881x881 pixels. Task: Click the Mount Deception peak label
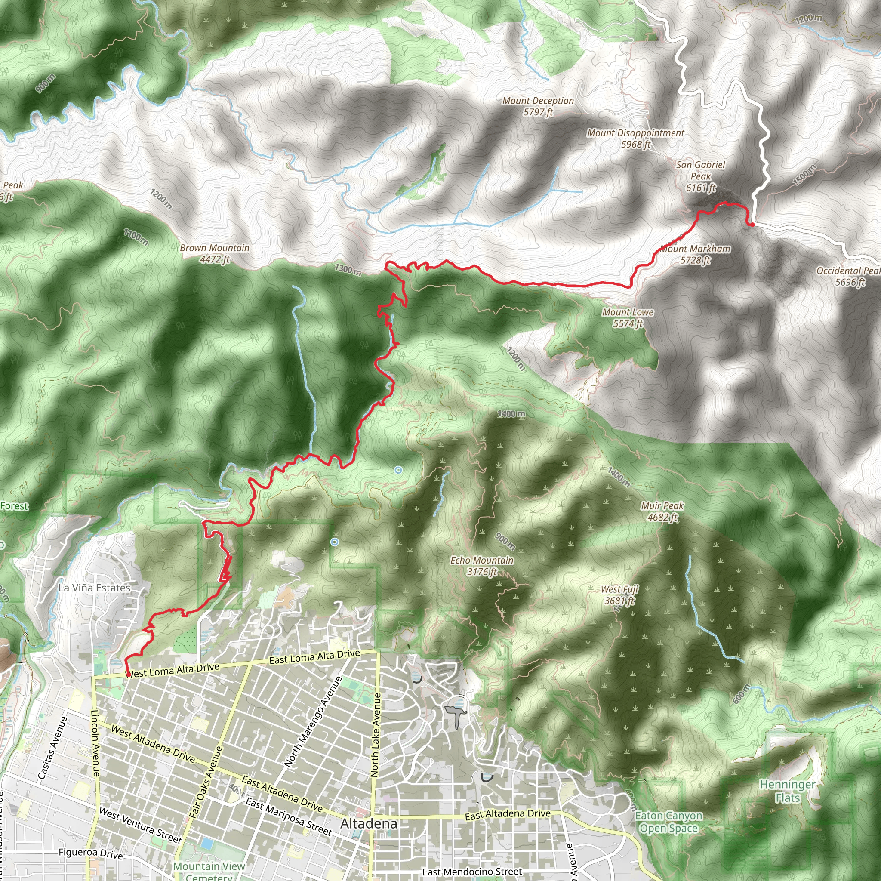pos(538,106)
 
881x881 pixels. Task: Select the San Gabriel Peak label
pos(700,176)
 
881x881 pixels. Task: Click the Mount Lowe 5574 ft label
pos(628,318)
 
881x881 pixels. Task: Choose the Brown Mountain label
pos(214,253)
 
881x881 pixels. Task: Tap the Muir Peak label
pos(662,511)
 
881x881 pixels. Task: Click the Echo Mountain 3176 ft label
pos(481,565)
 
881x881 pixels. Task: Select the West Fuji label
pos(619,595)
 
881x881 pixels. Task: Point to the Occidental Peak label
pos(848,276)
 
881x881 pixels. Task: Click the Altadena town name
pos(369,823)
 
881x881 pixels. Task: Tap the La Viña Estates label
pos(94,588)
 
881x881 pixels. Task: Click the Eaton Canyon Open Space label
pos(668,822)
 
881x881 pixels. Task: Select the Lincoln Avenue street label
pos(96,743)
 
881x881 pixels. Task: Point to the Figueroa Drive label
pos(90,853)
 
